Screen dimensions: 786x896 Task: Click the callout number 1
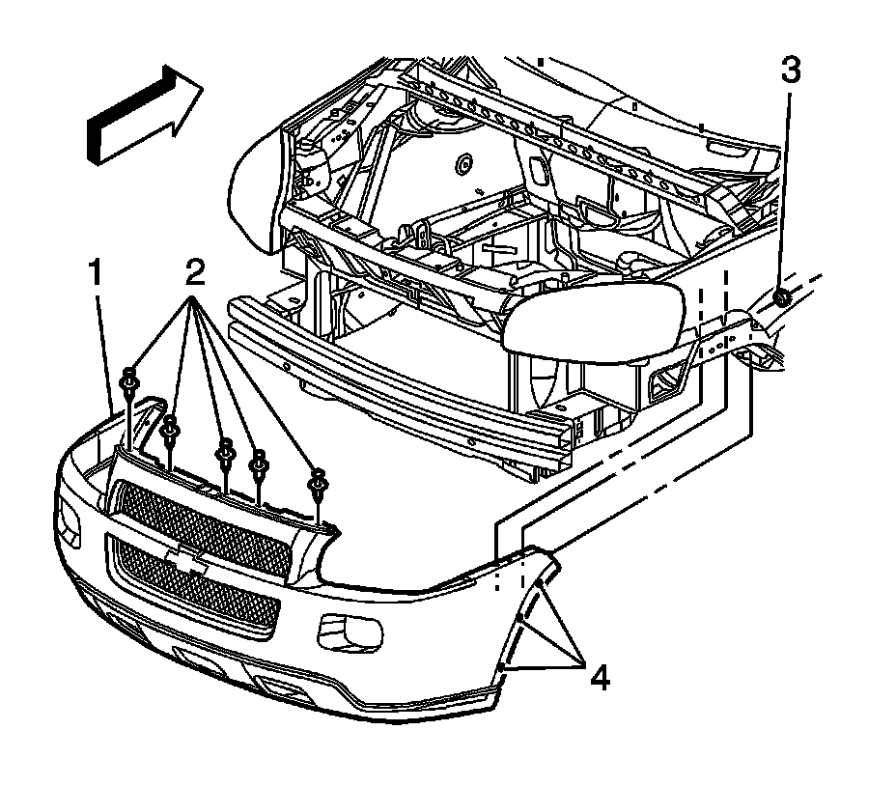point(97,274)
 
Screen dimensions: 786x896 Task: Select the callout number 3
point(791,70)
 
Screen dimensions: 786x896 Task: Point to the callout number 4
point(599,679)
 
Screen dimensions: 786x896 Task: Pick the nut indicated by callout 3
point(783,299)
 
